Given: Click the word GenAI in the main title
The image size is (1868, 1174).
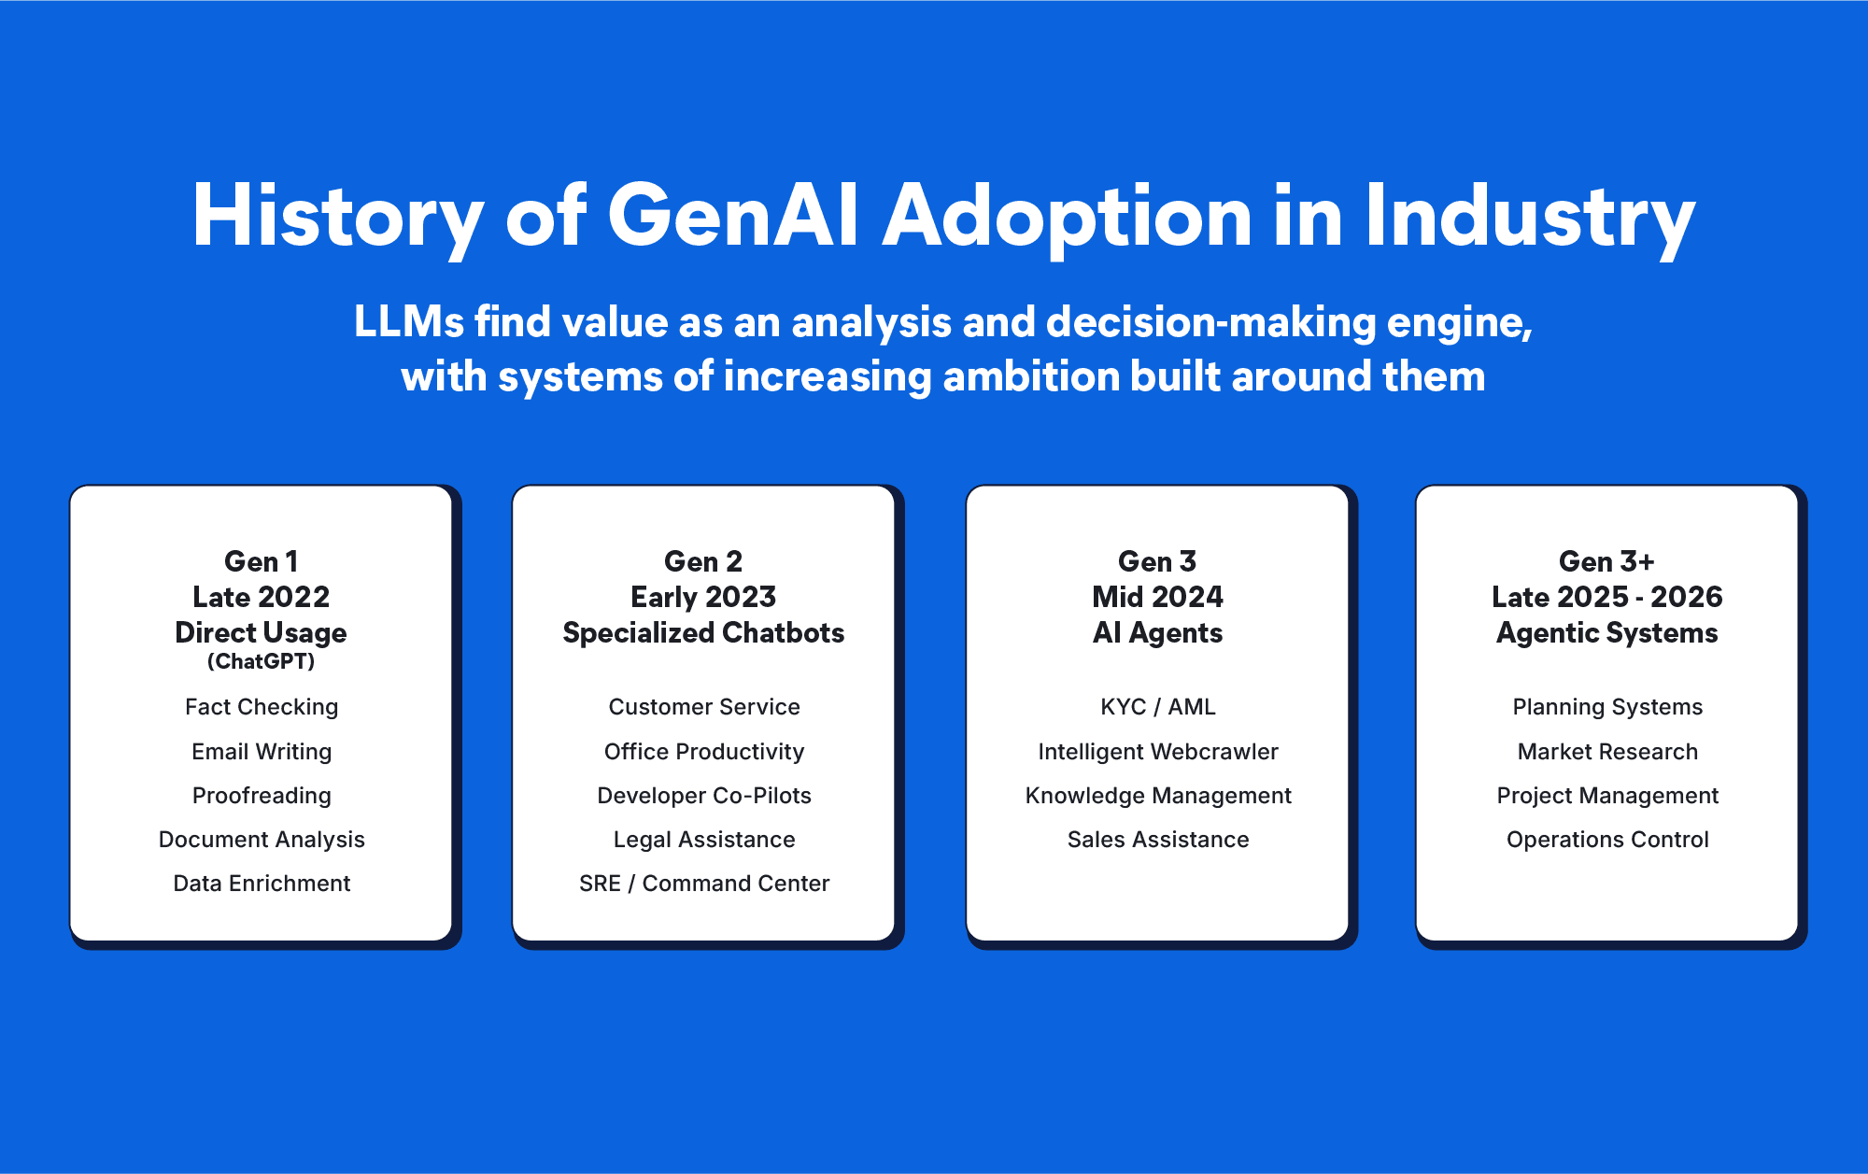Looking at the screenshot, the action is click(x=733, y=216).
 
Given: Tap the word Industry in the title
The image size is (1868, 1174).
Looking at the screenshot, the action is click(x=1530, y=219).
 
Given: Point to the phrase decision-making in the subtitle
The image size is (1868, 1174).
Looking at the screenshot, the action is click(x=1210, y=323).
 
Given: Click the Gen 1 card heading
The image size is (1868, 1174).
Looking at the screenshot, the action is click(x=262, y=561).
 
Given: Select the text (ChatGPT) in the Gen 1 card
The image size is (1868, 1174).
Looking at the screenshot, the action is click(x=262, y=661).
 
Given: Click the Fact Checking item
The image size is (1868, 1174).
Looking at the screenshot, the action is click(x=262, y=707).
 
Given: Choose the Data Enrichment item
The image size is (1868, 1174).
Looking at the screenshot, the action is click(x=262, y=884).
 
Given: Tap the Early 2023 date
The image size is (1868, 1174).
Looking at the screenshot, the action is click(x=703, y=598).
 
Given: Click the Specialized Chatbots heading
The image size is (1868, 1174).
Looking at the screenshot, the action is click(x=703, y=633).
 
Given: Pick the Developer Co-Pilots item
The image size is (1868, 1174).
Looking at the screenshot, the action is click(x=704, y=796).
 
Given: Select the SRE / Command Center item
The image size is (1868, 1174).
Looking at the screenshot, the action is click(x=704, y=884).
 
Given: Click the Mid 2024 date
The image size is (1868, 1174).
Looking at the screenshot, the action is click(x=1158, y=597).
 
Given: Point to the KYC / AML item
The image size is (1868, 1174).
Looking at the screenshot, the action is click(x=1158, y=707).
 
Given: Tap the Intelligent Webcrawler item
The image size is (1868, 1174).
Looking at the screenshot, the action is click(x=1158, y=752).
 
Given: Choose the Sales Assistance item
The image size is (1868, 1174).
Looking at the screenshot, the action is click(x=1158, y=840).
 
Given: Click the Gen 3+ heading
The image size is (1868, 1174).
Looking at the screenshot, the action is click(x=1606, y=561).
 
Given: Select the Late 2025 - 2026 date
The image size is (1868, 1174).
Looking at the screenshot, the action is click(x=1606, y=597).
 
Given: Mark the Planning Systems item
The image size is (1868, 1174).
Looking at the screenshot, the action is click(x=1607, y=707).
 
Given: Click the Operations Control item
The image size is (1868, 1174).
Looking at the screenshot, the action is click(x=1607, y=840).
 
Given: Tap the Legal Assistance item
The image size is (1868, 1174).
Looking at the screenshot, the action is click(x=704, y=840).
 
